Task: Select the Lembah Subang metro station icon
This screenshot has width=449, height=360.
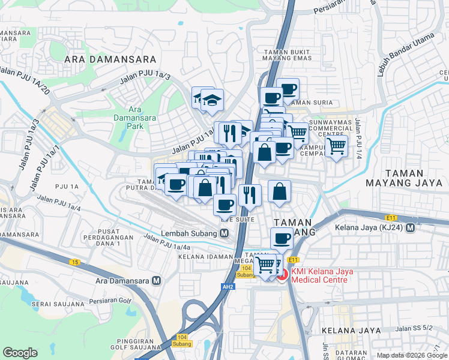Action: [224, 233]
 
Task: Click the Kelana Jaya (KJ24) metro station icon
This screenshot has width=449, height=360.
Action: [411, 228]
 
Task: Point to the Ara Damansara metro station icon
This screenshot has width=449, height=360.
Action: [157, 280]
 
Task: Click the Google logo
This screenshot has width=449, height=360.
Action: [20, 353]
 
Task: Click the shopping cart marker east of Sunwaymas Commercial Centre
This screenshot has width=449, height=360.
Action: [337, 145]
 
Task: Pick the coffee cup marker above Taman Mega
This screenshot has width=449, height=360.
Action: [282, 238]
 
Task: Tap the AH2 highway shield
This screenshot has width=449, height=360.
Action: [227, 287]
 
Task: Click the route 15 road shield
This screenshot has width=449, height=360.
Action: [74, 262]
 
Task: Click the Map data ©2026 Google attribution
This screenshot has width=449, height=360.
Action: [411, 355]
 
